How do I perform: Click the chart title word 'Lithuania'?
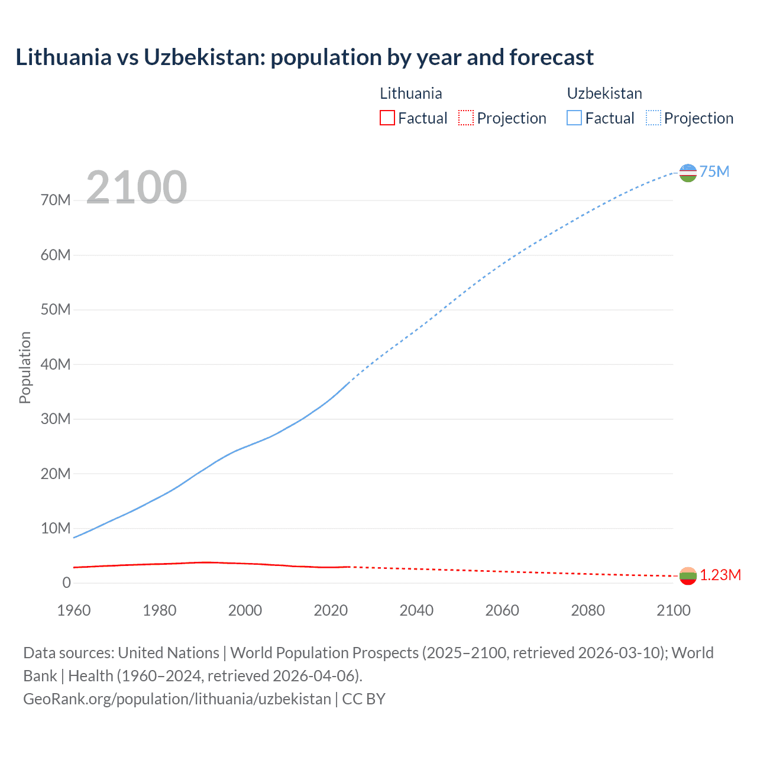pos(63,57)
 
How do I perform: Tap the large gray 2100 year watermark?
pos(137,187)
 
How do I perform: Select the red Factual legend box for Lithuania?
pos(387,118)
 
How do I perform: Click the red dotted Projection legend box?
pos(466,118)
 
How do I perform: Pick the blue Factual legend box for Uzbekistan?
pos(574,118)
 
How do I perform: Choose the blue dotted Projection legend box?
pos(654,118)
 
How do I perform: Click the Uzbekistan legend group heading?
pos(604,93)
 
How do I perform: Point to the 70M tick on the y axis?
pos(56,200)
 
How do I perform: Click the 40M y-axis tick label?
pos(56,364)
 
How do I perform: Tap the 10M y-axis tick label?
pos(56,528)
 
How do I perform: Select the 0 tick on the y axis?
pos(66,583)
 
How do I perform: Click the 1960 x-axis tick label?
pos(74,610)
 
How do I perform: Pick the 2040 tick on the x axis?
pos(416,610)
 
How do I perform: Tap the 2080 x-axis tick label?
pos(588,610)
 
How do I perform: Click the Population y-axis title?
pos(25,367)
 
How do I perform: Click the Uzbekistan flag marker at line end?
pos(688,173)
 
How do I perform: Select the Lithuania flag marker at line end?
pos(688,576)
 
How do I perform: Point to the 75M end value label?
pos(714,172)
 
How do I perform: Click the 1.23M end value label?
pos(720,575)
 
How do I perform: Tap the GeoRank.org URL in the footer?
pos(177,699)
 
